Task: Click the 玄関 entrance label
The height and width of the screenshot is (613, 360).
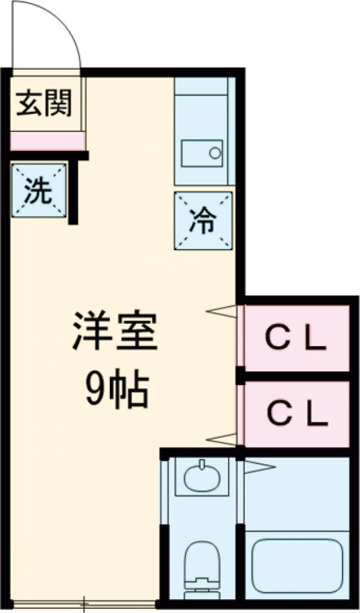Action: pos(43,104)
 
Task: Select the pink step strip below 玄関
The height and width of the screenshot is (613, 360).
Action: pos(47,142)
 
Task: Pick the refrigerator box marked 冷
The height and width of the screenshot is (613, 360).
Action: pos(203,221)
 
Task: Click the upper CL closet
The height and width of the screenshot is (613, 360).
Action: pos(296,339)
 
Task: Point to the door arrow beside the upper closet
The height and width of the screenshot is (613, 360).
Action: pos(222,311)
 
